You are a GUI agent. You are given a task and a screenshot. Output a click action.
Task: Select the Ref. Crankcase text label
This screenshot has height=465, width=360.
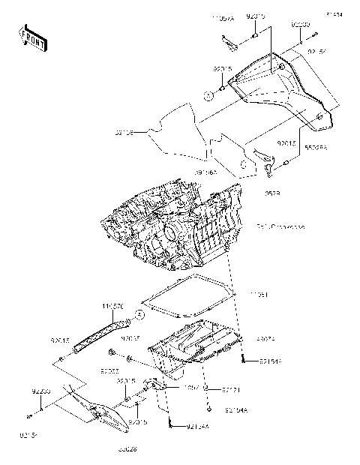click(280, 226)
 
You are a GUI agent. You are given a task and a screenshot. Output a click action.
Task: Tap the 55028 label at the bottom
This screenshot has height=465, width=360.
click(128, 451)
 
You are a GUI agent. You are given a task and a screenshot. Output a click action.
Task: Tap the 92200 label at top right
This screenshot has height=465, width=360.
click(301, 25)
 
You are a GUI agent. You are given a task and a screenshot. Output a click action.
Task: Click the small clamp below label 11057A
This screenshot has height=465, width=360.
click(232, 45)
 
